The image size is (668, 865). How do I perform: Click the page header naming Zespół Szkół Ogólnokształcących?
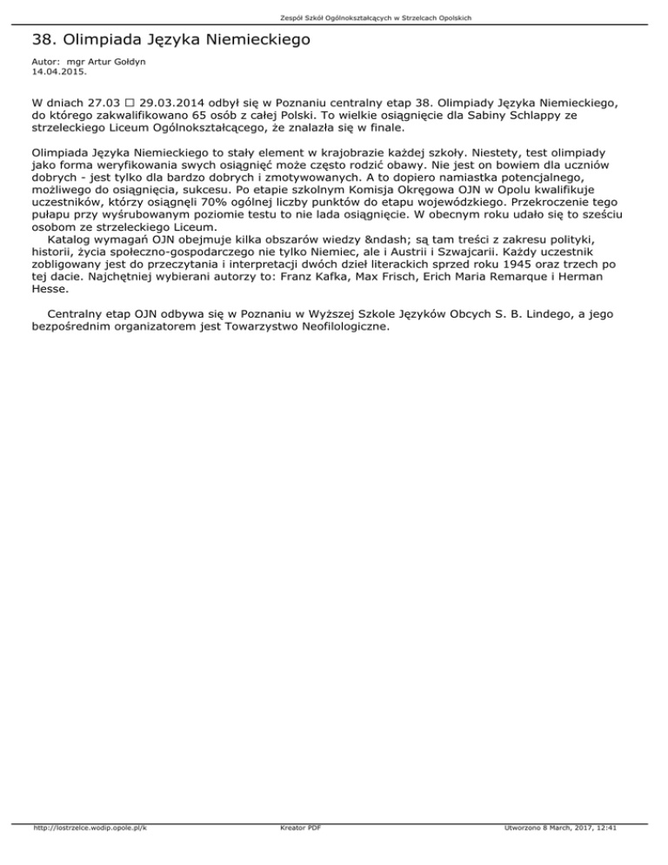pyautogui.click(x=334, y=17)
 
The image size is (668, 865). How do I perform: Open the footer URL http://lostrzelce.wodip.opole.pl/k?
pyautogui.click(x=87, y=853)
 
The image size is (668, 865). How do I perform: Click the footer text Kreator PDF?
pyautogui.click(x=297, y=853)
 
